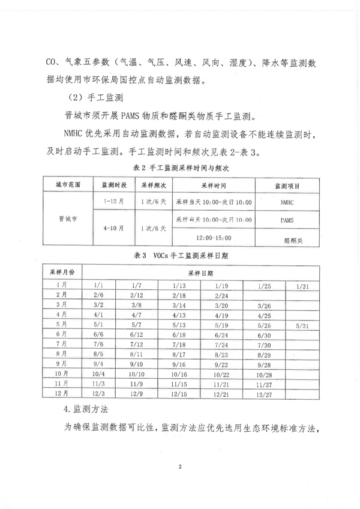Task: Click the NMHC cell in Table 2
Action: pos(287,203)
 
